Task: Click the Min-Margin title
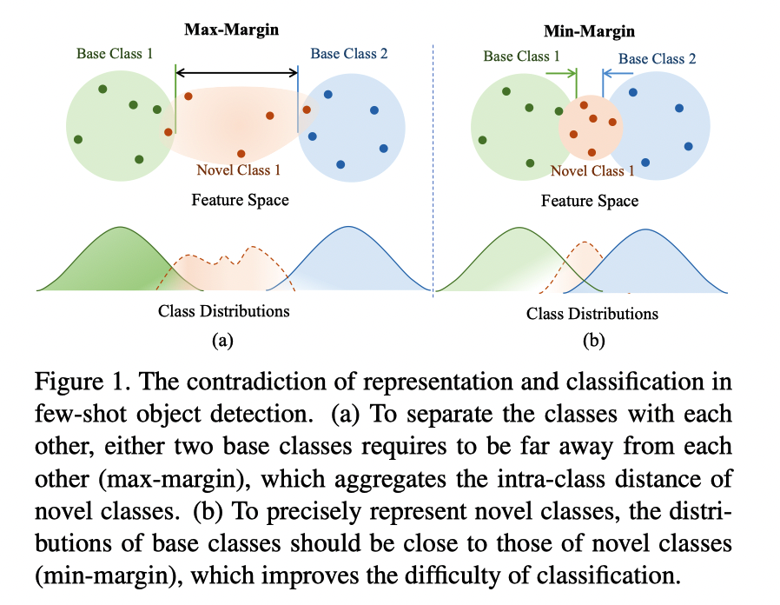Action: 590,31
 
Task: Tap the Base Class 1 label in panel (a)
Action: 115,53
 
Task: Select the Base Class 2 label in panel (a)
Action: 349,53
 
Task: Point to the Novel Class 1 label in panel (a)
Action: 238,170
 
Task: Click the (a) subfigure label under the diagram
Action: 222,341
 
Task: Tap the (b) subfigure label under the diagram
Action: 592,342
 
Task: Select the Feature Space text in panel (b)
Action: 590,201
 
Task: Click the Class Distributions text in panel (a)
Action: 223,310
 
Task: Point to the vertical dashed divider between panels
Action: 433,174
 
